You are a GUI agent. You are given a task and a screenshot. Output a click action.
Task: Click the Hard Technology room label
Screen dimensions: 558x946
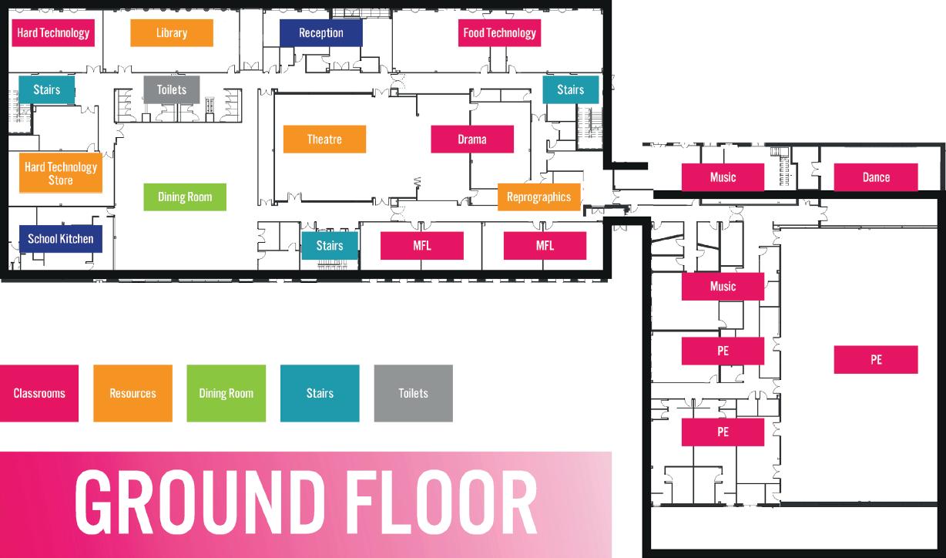(53, 33)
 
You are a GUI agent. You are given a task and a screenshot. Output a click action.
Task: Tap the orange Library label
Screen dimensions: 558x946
(171, 33)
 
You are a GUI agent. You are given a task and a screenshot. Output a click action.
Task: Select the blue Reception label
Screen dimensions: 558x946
(320, 33)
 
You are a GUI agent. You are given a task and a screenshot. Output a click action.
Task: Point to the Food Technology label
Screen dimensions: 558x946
(499, 33)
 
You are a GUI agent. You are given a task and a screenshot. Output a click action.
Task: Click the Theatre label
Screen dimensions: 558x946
(324, 139)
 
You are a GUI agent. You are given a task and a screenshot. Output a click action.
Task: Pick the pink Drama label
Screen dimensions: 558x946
(471, 139)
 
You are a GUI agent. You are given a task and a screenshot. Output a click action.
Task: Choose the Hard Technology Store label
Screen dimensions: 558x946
(60, 173)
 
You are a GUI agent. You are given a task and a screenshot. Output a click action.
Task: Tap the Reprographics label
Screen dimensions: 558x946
(538, 197)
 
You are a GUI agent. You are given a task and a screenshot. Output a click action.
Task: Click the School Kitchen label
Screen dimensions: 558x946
(60, 239)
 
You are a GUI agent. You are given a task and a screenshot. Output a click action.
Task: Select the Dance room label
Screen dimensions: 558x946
(875, 177)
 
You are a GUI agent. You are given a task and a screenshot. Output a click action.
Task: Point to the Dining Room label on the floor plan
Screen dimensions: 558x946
(185, 197)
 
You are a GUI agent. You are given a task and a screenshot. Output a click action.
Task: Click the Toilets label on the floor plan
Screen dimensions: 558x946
(171, 90)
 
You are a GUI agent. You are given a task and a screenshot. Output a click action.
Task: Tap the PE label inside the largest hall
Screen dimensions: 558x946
(875, 360)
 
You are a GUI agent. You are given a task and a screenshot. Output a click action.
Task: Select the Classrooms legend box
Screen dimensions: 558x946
(39, 393)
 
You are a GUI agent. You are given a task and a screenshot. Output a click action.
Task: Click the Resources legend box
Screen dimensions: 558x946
(133, 393)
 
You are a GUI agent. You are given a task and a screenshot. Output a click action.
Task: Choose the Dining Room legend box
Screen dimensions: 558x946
(226, 393)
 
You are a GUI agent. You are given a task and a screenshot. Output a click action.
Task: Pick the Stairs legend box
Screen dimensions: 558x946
(320, 393)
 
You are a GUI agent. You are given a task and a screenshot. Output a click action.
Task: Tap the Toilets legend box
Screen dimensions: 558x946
(413, 393)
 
